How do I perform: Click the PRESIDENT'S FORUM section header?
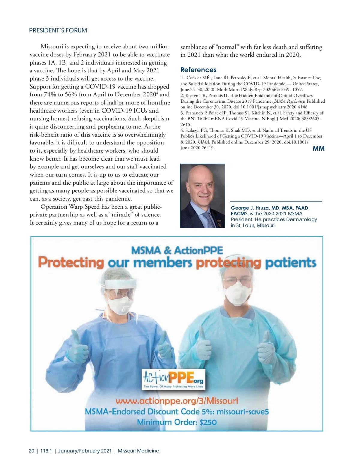tap(58, 31)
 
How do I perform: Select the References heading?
tap(198, 70)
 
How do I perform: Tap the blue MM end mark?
tap(318, 148)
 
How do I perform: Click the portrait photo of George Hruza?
tap(202, 196)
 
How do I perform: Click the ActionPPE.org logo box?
tap(173, 379)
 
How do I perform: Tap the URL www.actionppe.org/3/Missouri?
tap(177, 401)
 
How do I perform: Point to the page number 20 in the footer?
tap(31, 451)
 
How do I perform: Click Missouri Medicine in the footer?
tap(138, 451)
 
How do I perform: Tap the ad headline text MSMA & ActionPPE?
tap(177, 250)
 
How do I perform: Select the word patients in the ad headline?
tap(290, 262)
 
